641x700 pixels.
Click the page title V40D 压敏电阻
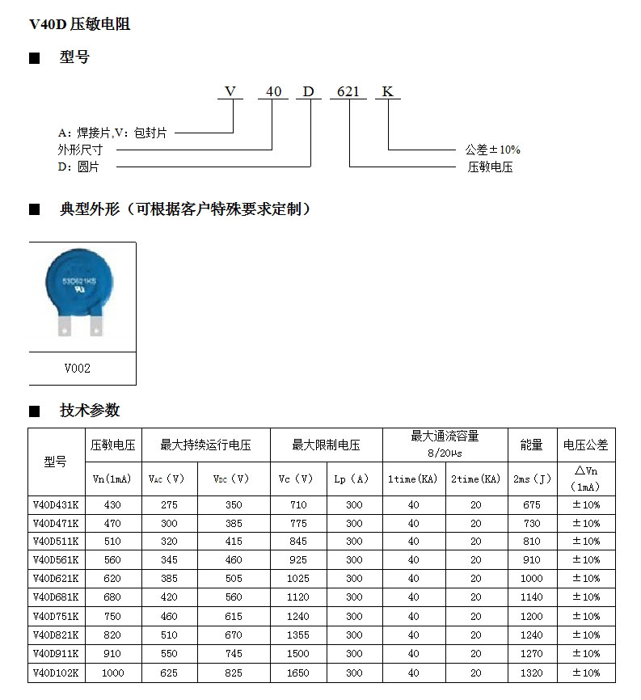[x=79, y=24]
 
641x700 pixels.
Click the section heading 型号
[x=74, y=57]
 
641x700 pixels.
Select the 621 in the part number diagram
[x=348, y=91]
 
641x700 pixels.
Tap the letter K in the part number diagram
[x=387, y=91]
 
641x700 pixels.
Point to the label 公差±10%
[x=492, y=150]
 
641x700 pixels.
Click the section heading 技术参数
[x=90, y=411]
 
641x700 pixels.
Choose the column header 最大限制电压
[x=326, y=445]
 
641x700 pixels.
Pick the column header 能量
[x=531, y=445]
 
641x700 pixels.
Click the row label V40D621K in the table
[x=56, y=578]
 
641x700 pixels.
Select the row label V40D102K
[x=56, y=672]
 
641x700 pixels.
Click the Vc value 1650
[x=297, y=672]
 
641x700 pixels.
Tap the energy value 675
[x=531, y=504]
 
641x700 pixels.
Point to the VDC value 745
[x=234, y=653]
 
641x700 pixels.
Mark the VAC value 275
[x=169, y=504]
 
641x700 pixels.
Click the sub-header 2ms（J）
[x=531, y=479]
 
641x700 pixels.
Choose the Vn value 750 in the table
[x=113, y=616]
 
